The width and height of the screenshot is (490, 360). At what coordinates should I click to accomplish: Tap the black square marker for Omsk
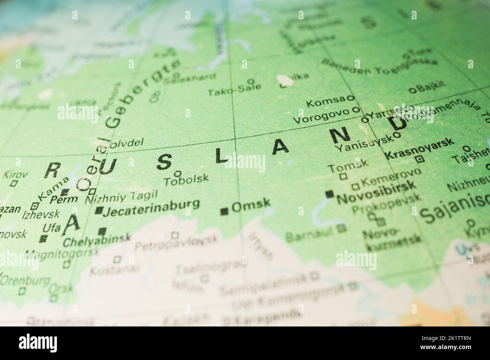point(225,211)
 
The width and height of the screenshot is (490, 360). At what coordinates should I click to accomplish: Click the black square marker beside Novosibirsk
point(330,194)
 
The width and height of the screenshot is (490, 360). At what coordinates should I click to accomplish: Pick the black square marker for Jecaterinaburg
point(99,211)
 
